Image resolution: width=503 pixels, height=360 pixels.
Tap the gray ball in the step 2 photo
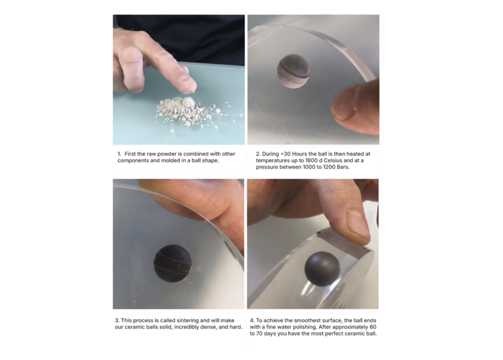[x=294, y=71]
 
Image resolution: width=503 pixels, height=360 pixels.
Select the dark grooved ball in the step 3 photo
[x=172, y=263]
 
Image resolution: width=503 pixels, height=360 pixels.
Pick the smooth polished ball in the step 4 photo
[x=322, y=269]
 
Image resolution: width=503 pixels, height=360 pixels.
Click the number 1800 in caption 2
[x=312, y=160]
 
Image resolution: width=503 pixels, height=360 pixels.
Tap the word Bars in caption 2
[x=343, y=167]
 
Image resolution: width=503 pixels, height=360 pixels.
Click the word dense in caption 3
[x=209, y=327]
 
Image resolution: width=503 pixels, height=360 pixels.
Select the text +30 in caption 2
[x=284, y=154]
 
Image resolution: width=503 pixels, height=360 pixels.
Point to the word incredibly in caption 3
[x=187, y=327]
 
